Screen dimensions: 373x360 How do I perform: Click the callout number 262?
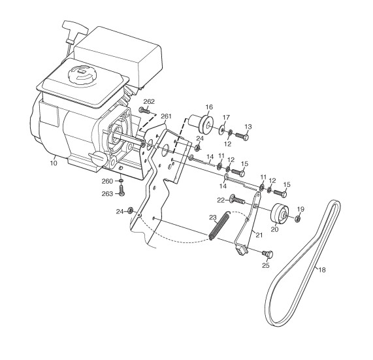click(x=149, y=102)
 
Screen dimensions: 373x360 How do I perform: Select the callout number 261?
click(x=166, y=116)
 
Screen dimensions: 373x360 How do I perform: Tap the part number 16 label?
click(x=209, y=107)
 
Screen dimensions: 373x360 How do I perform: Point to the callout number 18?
click(x=322, y=270)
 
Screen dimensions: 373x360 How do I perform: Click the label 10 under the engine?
click(x=54, y=163)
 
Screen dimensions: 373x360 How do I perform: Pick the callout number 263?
click(x=107, y=194)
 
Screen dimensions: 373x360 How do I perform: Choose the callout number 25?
click(x=266, y=265)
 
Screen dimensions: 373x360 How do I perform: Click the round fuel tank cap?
click(x=81, y=73)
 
